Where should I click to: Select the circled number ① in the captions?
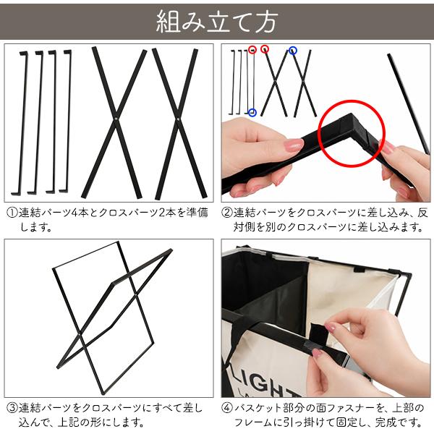click(x=12, y=213)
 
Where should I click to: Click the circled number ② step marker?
click(x=227, y=213)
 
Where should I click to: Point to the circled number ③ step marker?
click(x=12, y=409)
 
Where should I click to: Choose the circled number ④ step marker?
click(x=227, y=409)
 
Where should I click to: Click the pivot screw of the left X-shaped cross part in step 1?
click(x=116, y=119)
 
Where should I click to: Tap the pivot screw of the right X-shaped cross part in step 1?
click(x=178, y=119)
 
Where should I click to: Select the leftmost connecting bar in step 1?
click(x=20, y=123)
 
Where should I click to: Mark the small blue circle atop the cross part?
click(x=293, y=51)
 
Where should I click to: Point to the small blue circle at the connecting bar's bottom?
click(x=252, y=113)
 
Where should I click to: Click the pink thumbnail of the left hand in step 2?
click(x=294, y=145)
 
